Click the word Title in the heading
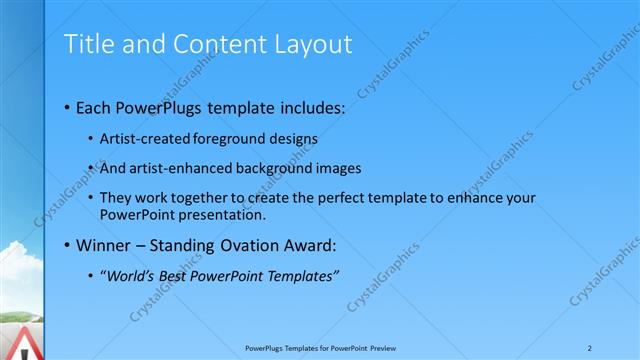pos(88,44)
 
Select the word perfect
pos(308,198)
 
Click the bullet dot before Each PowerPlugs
pos(67,106)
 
